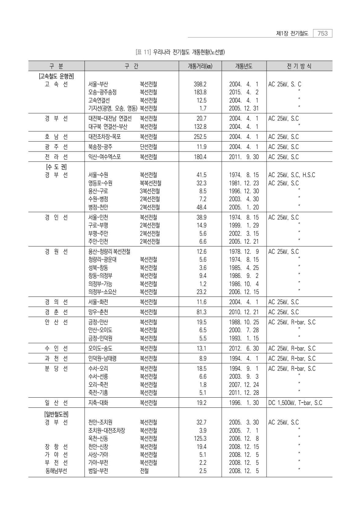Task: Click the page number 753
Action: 322,33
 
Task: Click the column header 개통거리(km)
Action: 200,66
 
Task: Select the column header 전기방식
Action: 299,66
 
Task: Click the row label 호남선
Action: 56,137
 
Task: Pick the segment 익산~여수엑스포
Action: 105,157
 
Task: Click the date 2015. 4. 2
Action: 244,92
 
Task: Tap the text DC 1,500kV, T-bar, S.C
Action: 295,403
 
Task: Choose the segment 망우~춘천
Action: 98,312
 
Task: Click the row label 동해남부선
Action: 56,471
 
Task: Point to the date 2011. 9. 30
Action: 244,157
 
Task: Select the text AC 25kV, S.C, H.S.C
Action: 291,175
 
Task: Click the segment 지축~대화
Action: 98,403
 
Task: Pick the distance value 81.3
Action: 201,312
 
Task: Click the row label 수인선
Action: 56,348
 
